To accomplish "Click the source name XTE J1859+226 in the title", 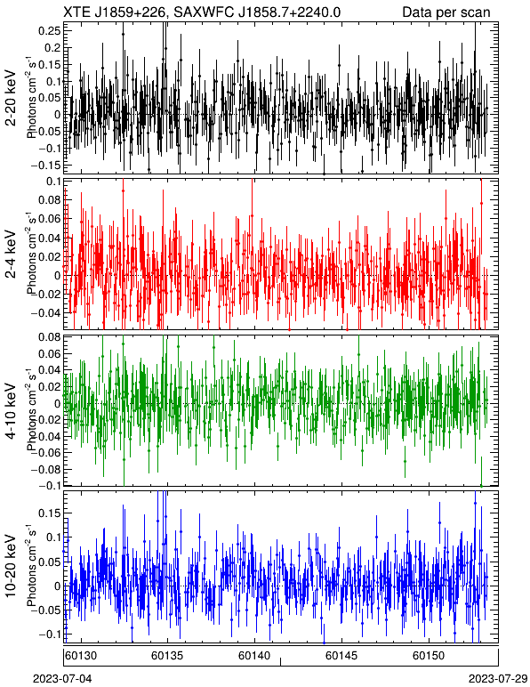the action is tap(114, 12).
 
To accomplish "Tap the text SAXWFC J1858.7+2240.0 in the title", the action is tap(256, 12).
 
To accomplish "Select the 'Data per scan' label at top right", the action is tap(446, 12).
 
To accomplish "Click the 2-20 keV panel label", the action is tap(11, 99).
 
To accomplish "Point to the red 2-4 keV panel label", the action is tap(11, 255).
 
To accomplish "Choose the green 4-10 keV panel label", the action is tap(11, 411).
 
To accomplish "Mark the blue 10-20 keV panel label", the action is tap(11, 566).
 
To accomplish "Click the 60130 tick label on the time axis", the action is tap(81, 656).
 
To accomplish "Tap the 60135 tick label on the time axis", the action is tap(167, 656).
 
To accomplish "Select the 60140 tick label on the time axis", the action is tap(253, 656).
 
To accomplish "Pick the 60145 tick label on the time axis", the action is tap(341, 656).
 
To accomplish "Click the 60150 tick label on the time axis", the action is tap(429, 656).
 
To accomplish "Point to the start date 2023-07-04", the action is tap(62, 679).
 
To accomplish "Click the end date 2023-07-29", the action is tap(498, 679).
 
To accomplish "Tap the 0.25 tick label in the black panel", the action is tap(49, 30).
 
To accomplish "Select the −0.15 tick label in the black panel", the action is tap(45, 166).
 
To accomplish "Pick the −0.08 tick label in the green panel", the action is tap(45, 469).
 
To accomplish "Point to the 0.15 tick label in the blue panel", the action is tap(49, 513).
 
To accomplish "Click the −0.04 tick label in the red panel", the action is tap(45, 313).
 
